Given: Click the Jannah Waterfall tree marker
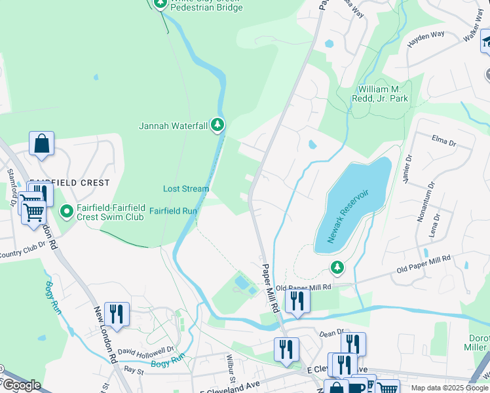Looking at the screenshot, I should coord(217,125).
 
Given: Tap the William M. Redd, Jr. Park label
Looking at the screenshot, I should coord(383,93).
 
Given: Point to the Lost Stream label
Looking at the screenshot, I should coord(186,189).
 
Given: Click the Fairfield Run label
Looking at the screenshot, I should coord(173,211).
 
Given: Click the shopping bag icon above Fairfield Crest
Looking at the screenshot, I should coord(41,144).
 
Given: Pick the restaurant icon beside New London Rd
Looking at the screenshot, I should coord(117,313).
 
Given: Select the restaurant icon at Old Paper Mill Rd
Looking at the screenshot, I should coord(297,300).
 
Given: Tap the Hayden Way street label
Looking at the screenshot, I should coord(426,39).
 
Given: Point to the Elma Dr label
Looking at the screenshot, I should coord(443,138).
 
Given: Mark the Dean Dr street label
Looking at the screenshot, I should coord(331,333).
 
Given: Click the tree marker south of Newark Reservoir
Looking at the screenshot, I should coord(337,267).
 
